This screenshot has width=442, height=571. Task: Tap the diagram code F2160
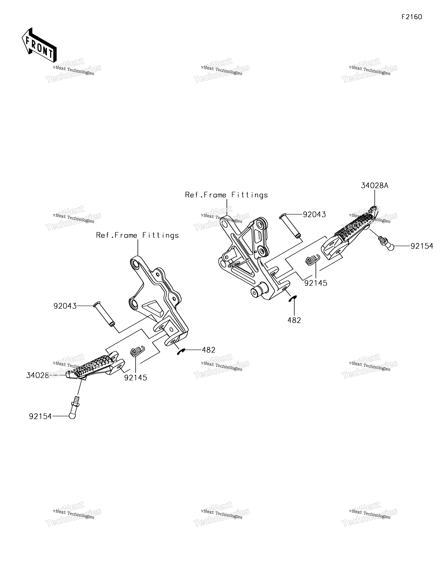pyautogui.click(x=412, y=17)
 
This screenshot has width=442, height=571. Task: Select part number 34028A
pyautogui.click(x=375, y=186)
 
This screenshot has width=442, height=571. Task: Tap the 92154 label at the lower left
pyautogui.click(x=40, y=416)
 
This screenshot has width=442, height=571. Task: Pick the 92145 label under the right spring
pyautogui.click(x=316, y=283)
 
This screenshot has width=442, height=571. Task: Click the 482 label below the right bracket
pyautogui.click(x=294, y=320)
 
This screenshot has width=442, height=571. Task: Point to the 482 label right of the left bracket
pyautogui.click(x=208, y=350)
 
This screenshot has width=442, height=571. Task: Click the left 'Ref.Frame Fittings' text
pyautogui.click(x=137, y=235)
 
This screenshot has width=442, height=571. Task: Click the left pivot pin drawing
pyautogui.click(x=104, y=314)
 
